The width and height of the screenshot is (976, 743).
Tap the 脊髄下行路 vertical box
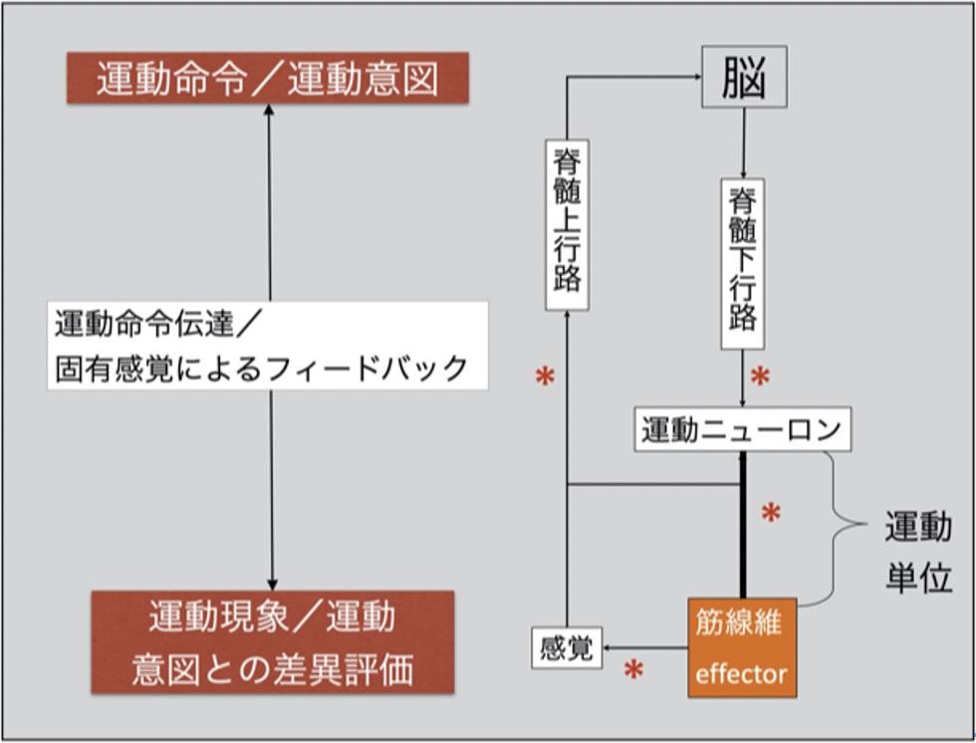[742, 264]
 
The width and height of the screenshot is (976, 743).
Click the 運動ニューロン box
[742, 430]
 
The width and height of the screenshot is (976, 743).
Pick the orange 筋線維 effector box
[741, 647]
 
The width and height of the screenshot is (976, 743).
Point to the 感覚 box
[566, 649]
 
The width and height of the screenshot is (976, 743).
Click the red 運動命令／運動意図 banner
[268, 80]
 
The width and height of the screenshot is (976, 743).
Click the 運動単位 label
[917, 554]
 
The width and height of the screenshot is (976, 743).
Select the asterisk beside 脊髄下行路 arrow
[760, 377]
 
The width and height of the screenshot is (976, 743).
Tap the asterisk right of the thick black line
[771, 514]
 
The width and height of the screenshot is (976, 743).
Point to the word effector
[741, 674]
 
